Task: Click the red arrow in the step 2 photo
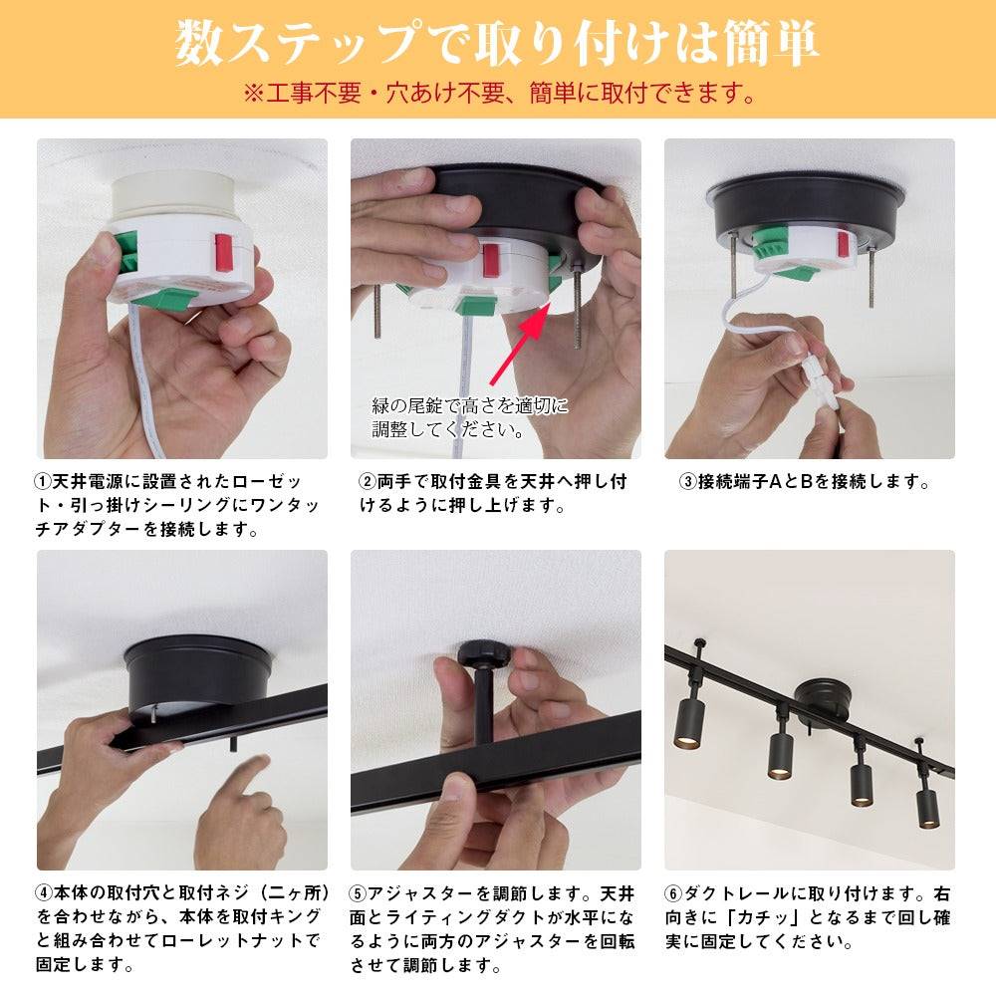pos(518,343)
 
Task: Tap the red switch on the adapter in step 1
pos(223,253)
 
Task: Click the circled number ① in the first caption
pos(43,482)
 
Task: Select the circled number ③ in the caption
pos(688,482)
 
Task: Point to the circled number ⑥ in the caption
pos(673,893)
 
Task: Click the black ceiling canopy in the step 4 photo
pos(197,676)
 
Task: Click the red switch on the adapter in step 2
pos(490,260)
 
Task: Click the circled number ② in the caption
pos(368,482)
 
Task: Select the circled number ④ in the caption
pos(44,892)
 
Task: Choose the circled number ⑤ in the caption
pos(358,893)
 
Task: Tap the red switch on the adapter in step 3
pos(843,244)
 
